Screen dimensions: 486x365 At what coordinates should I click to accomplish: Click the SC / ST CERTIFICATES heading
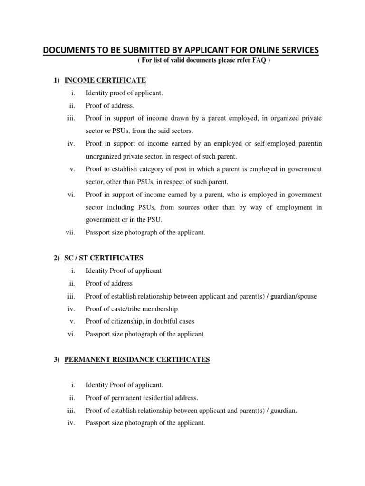click(104, 258)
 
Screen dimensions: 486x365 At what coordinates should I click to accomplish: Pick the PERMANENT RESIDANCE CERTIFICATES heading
click(137, 359)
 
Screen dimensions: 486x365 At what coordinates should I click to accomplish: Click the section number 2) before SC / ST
click(57, 258)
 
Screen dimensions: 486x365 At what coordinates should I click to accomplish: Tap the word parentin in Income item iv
click(310, 143)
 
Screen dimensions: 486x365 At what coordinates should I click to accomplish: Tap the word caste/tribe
click(124, 308)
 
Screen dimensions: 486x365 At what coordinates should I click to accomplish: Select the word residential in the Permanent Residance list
click(159, 398)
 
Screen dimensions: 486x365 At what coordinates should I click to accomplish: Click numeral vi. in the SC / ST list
click(71, 334)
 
